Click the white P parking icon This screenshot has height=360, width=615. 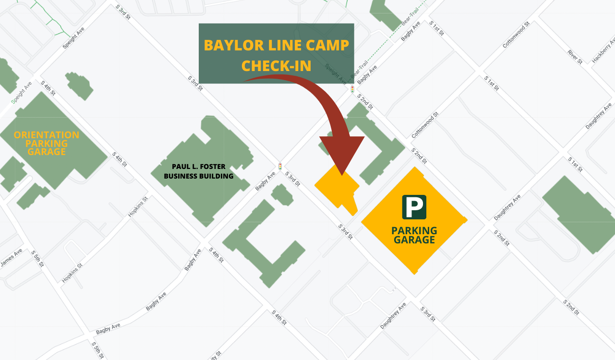pyautogui.click(x=414, y=207)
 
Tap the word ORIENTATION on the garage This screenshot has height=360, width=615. pyautogui.click(x=47, y=135)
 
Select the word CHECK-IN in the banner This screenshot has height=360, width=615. pyautogui.click(x=277, y=66)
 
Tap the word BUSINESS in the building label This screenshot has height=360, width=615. pyautogui.click(x=180, y=176)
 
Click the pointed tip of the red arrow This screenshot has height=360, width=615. pyautogui.click(x=342, y=174)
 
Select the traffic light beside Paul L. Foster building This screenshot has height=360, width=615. pyautogui.click(x=280, y=167)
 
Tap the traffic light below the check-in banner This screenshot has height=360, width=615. pyautogui.click(x=352, y=89)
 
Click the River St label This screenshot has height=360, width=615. pyautogui.click(x=575, y=57)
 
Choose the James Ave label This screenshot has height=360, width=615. pyautogui.click(x=11, y=258)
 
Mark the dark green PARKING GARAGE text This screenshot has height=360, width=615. pyautogui.click(x=414, y=235)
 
